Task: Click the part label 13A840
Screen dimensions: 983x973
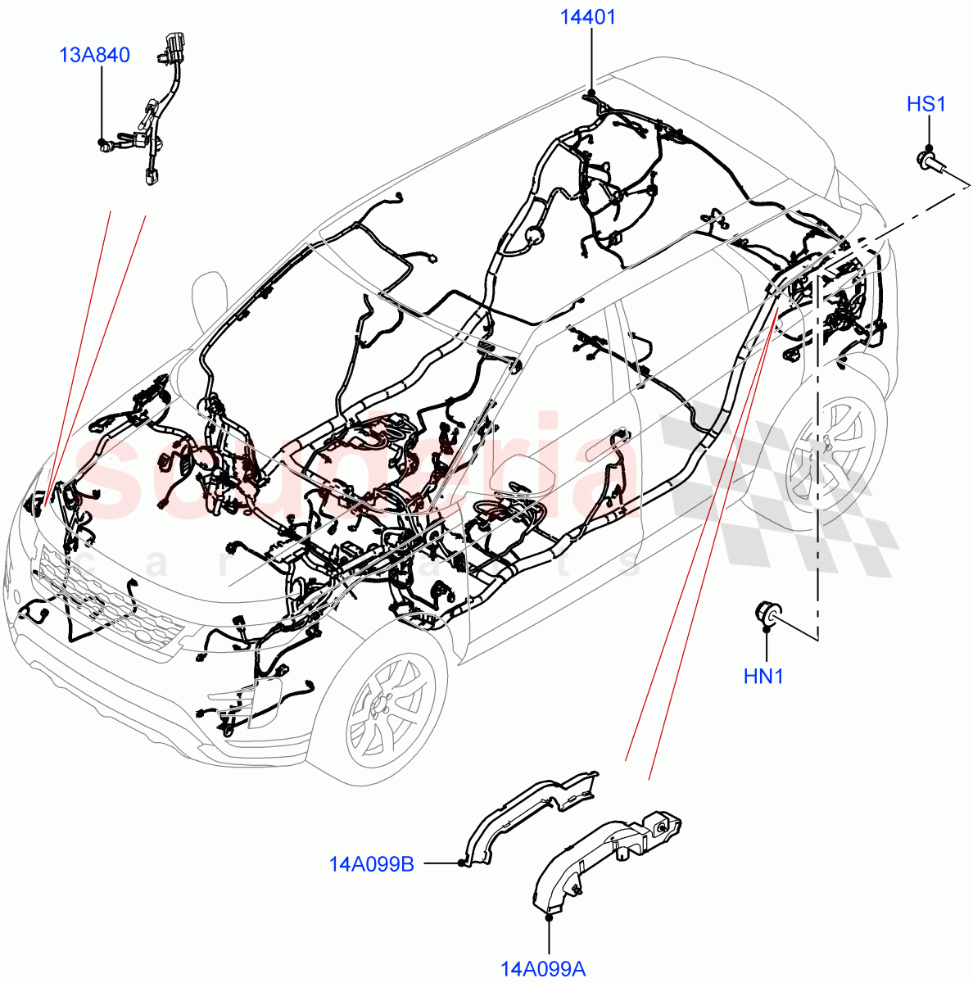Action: pyautogui.click(x=94, y=56)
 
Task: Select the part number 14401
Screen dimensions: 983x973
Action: pyautogui.click(x=588, y=17)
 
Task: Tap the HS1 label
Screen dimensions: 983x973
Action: pyautogui.click(x=926, y=105)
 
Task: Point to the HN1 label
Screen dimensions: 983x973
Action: pyautogui.click(x=763, y=677)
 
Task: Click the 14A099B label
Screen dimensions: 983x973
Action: pyautogui.click(x=371, y=863)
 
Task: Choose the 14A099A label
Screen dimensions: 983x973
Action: pyautogui.click(x=543, y=969)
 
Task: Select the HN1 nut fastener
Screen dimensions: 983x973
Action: pyautogui.click(x=767, y=614)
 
